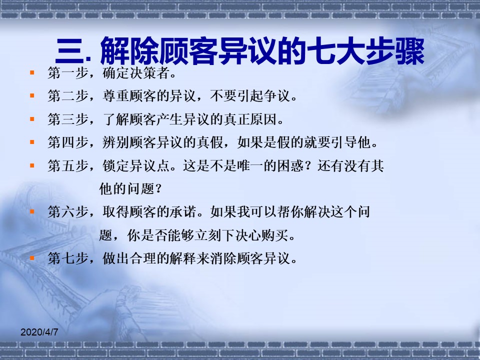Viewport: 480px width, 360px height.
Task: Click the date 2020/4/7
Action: [x=39, y=332]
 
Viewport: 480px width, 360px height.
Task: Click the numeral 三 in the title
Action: [x=69, y=51]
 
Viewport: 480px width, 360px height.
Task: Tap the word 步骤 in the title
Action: [x=395, y=51]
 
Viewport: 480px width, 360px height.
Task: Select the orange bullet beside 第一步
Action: [x=32, y=72]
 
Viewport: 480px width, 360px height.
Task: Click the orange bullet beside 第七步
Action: [x=32, y=258]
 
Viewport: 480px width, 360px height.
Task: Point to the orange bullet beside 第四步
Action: [x=32, y=142]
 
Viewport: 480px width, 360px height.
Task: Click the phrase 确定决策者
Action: [x=136, y=73]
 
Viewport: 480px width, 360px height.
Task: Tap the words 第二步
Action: [x=68, y=96]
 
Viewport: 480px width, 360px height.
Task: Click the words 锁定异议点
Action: [x=136, y=165]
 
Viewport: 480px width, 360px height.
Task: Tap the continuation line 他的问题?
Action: [x=130, y=188]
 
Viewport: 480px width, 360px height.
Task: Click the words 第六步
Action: [x=68, y=212]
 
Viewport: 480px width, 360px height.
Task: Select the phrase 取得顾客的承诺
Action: [x=149, y=212]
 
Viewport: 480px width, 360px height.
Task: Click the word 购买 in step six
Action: [x=274, y=235]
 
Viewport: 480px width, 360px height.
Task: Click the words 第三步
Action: [x=68, y=119]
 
